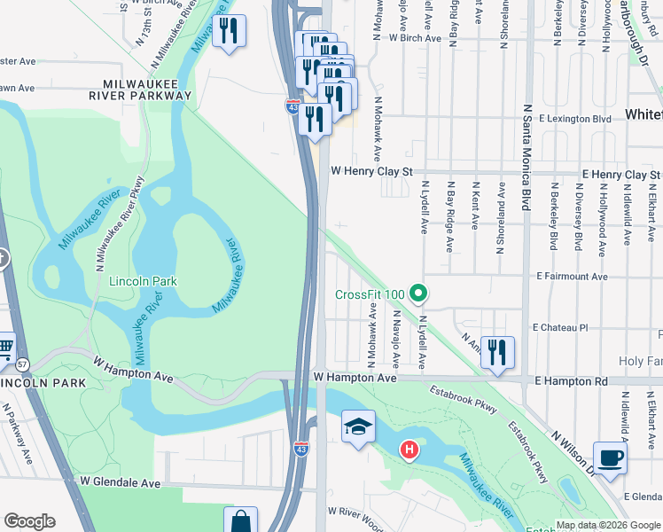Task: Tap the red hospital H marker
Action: click(409, 450)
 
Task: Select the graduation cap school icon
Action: click(358, 427)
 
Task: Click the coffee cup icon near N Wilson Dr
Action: click(610, 458)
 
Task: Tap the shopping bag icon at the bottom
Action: click(240, 521)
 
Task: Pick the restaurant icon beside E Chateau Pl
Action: click(497, 351)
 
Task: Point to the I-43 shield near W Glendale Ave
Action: click(301, 449)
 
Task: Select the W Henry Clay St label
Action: click(372, 170)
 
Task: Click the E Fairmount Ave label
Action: click(572, 277)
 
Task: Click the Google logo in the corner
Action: click(29, 521)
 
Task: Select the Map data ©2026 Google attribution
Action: click(607, 525)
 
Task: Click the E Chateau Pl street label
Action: click(560, 327)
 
